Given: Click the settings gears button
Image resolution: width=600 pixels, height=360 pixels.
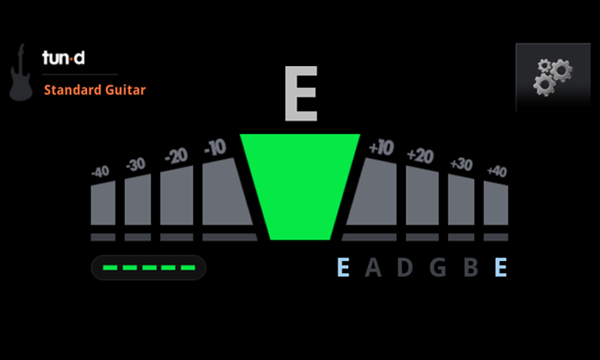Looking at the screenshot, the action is click(553, 77).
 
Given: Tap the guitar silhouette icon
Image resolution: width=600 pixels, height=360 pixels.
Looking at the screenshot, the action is click(21, 72).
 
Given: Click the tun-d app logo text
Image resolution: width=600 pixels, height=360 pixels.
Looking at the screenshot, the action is click(64, 58).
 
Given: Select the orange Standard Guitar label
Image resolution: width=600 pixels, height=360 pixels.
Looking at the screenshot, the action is click(94, 90).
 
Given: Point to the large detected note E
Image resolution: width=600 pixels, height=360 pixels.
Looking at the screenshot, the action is click(301, 93).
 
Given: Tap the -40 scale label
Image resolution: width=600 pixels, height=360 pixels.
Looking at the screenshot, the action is click(100, 172).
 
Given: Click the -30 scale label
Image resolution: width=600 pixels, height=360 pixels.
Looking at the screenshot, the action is click(136, 164).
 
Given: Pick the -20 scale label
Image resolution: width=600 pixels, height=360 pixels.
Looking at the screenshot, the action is click(176, 156).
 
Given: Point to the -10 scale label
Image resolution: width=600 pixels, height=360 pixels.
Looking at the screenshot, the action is click(215, 147).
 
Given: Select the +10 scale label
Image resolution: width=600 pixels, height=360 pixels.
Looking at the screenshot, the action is click(381, 147).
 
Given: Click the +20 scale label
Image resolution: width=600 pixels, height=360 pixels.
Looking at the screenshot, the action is click(420, 156).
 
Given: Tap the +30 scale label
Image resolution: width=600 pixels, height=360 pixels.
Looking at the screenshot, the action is click(461, 164).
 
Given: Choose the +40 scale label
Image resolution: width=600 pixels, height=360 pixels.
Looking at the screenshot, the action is click(496, 172).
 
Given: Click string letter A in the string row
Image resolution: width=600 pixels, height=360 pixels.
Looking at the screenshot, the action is click(373, 267).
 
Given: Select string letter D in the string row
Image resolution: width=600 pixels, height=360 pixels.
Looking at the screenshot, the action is click(405, 267).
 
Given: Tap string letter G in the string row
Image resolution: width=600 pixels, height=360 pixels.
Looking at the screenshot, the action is click(438, 267).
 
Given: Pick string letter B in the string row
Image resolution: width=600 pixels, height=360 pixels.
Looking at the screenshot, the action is click(471, 267).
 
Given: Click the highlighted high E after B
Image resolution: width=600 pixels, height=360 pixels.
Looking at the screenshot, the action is click(501, 267).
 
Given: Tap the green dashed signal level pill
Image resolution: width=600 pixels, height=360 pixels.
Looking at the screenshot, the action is click(148, 268).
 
